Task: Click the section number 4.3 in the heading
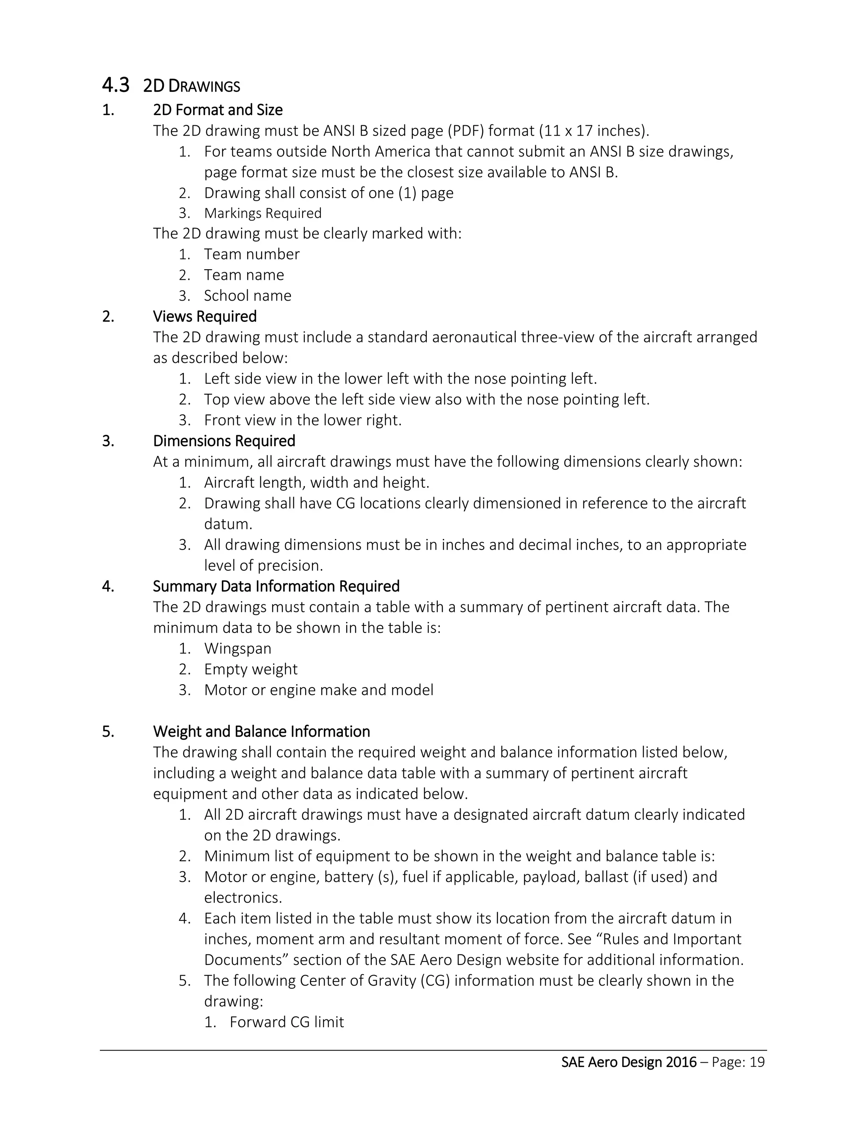pyautogui.click(x=116, y=85)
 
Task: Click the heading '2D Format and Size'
pyautogui.click(x=218, y=110)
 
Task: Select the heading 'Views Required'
pyautogui.click(x=204, y=316)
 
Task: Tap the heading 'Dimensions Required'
pyautogui.click(x=224, y=441)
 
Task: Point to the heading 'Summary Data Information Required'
pyautogui.click(x=276, y=586)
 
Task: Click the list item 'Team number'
pyautogui.click(x=252, y=254)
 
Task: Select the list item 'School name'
pyautogui.click(x=248, y=296)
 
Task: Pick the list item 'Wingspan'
pyautogui.click(x=237, y=648)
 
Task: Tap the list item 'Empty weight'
pyautogui.click(x=251, y=669)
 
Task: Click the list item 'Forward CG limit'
pyautogui.click(x=287, y=1022)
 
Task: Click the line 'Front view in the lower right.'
pyautogui.click(x=303, y=420)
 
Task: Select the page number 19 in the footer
pyautogui.click(x=757, y=1062)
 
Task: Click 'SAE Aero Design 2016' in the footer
pyautogui.click(x=629, y=1062)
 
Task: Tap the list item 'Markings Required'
pyautogui.click(x=262, y=213)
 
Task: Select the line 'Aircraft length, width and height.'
pyautogui.click(x=316, y=482)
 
